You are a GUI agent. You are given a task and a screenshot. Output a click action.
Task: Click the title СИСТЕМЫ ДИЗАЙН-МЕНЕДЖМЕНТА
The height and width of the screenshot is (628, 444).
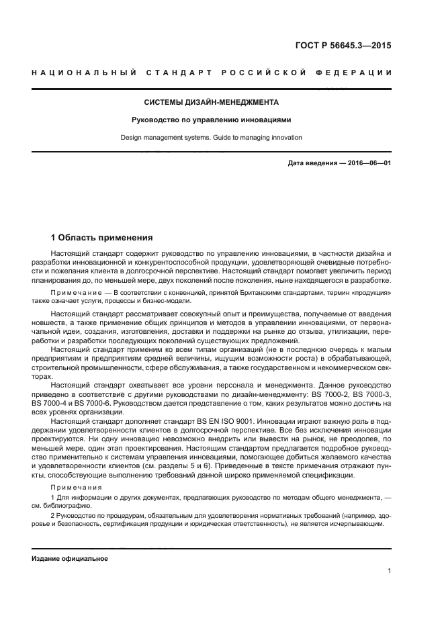[212, 103]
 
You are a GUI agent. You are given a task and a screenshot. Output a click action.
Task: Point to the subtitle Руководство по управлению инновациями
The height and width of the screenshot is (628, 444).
[212, 121]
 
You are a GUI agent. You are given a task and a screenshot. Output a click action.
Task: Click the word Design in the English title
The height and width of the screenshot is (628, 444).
[131, 138]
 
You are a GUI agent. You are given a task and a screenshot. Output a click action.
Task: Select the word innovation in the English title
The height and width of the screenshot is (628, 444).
[286, 138]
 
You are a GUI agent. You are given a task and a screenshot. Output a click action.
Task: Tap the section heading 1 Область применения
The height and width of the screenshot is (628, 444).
[102, 238]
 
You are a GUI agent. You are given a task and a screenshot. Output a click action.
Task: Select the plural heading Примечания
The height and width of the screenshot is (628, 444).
[75, 487]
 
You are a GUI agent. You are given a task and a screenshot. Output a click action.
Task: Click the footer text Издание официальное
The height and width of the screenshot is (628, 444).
[70, 558]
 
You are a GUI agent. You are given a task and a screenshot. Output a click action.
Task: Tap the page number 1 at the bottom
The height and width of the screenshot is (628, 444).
[389, 571]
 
